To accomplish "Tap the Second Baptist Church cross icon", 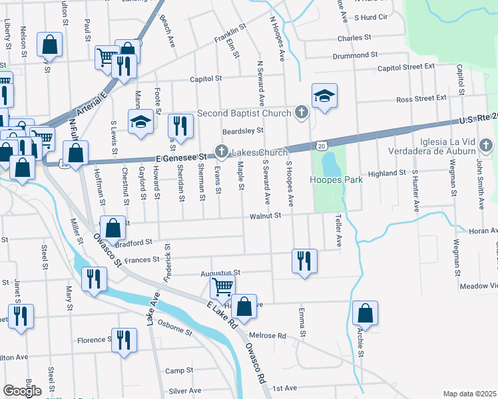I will coord(302,113).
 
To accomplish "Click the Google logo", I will coord(22,391).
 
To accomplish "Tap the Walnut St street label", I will coord(266,215).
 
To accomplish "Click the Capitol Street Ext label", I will coord(405,67).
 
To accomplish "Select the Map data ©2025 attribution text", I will coord(469,394).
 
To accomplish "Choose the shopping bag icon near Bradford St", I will coord(113,227).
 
